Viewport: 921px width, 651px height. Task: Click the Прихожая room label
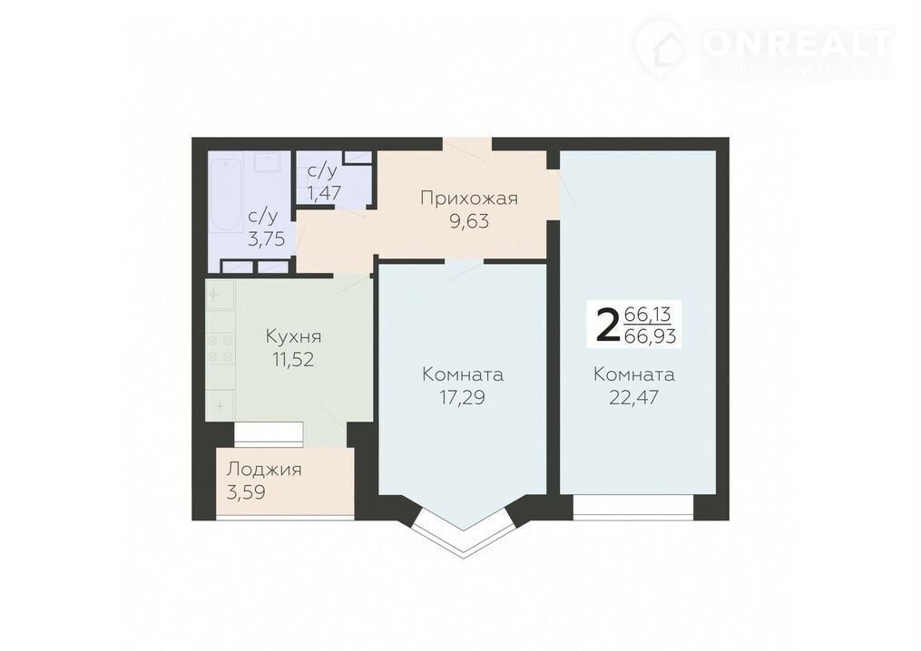pyautogui.click(x=469, y=199)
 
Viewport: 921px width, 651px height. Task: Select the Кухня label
pyautogui.click(x=293, y=337)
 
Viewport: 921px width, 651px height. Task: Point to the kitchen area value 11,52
pyautogui.click(x=293, y=360)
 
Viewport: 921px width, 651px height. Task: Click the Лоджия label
pyautogui.click(x=264, y=470)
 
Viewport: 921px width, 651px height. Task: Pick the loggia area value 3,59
pyautogui.click(x=246, y=492)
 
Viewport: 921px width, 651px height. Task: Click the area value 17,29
pyautogui.click(x=462, y=398)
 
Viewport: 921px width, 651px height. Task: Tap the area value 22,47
pyautogui.click(x=633, y=398)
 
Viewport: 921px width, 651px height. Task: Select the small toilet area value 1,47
pyautogui.click(x=323, y=193)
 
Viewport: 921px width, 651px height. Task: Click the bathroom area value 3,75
pyautogui.click(x=266, y=239)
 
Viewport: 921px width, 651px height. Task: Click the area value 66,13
pyautogui.click(x=647, y=315)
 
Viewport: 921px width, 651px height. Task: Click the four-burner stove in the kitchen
pyautogui.click(x=220, y=348)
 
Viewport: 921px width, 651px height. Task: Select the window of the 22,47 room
pyautogui.click(x=633, y=507)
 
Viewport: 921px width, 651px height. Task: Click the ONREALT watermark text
pyautogui.click(x=797, y=43)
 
